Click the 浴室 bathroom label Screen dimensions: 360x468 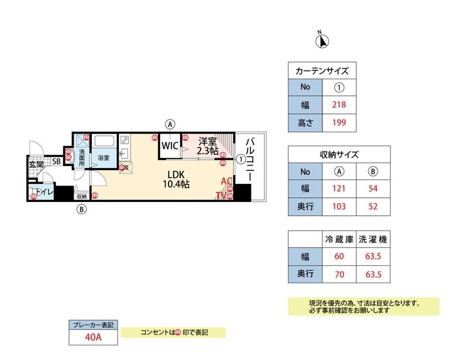[104, 158]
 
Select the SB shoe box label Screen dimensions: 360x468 [57, 162]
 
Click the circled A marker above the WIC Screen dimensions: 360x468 [170, 124]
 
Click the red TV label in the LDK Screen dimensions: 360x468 [222, 196]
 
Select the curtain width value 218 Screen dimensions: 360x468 [339, 105]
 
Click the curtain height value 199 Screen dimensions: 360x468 [339, 122]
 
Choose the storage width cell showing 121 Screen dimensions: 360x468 [339, 188]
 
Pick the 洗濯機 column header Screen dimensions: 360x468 [373, 239]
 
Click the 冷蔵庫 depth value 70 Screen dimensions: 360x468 [339, 273]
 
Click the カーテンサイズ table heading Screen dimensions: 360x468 [322, 71]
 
